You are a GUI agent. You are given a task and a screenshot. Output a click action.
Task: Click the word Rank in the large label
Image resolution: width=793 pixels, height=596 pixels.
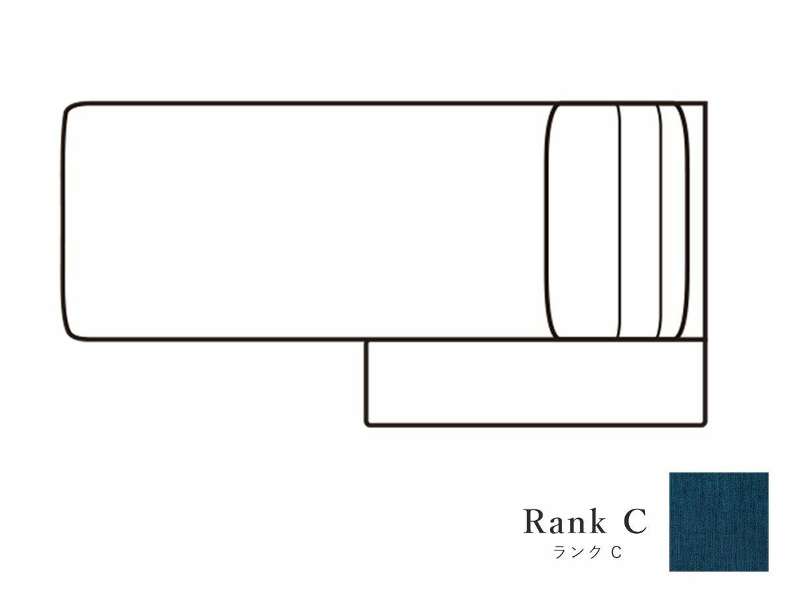(564, 521)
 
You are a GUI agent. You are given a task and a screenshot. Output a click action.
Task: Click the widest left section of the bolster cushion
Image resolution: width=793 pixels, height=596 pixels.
(582, 221)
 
